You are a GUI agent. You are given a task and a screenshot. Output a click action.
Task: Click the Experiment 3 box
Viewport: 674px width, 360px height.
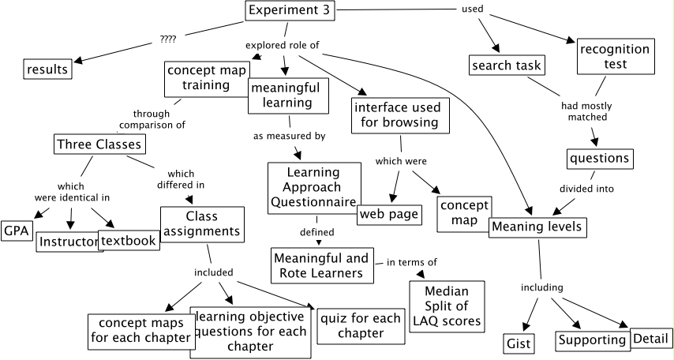[290, 10]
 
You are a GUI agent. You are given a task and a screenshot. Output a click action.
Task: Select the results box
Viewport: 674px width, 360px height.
[47, 69]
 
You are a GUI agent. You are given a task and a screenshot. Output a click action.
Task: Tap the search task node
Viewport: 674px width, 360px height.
[506, 65]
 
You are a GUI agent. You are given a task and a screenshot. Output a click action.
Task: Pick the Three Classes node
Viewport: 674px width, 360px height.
[99, 144]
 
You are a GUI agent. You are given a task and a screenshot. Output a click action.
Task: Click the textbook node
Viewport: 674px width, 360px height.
[128, 241]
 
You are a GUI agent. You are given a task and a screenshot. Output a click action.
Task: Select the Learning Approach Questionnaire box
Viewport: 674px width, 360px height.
[314, 188]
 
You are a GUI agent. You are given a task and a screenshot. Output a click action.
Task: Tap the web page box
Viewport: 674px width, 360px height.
[388, 215]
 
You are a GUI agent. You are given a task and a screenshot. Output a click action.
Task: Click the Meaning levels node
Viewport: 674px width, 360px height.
[537, 227]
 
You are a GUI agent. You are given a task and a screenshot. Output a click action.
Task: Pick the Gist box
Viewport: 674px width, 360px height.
[519, 343]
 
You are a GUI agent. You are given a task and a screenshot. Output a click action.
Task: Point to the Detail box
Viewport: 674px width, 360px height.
[652, 338]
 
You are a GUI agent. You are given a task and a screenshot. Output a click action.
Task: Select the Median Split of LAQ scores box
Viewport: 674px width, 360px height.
[447, 306]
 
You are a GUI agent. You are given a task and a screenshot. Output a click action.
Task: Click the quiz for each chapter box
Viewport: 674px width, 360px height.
[361, 325]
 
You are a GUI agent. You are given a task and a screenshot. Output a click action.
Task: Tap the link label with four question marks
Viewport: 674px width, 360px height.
[168, 39]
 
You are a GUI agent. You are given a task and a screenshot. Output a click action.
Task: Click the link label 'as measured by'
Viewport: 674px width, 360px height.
[289, 137]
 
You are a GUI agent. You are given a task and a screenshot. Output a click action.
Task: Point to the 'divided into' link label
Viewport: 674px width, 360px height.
[586, 189]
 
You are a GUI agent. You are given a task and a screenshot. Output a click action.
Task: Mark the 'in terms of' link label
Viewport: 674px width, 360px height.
[411, 262]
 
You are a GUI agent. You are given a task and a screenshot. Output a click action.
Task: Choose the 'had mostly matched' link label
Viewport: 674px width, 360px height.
[587, 111]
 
